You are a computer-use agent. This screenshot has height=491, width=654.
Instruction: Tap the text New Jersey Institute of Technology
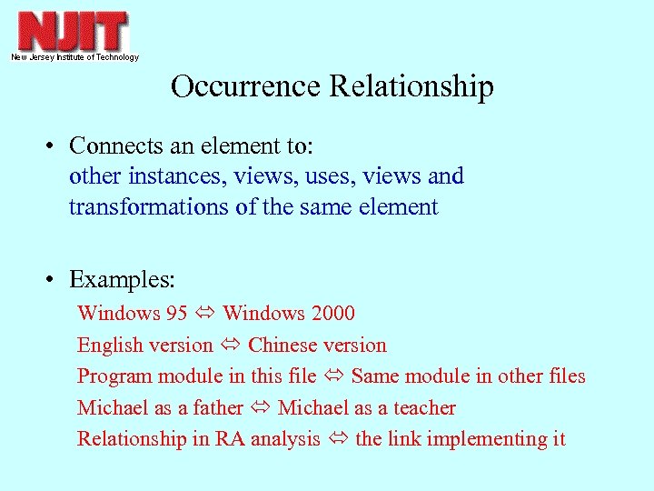pyautogui.click(x=74, y=57)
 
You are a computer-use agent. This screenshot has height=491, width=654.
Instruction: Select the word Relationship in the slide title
pyautogui.click(x=411, y=86)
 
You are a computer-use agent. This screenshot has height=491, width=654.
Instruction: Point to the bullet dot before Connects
pyautogui.click(x=55, y=146)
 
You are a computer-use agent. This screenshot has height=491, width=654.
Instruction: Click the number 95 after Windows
pyautogui.click(x=176, y=314)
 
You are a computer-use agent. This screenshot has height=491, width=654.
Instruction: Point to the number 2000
pyautogui.click(x=332, y=314)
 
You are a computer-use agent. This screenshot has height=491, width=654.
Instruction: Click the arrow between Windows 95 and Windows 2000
pyautogui.click(x=204, y=315)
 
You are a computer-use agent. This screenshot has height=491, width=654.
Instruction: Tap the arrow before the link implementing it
pyautogui.click(x=338, y=440)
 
